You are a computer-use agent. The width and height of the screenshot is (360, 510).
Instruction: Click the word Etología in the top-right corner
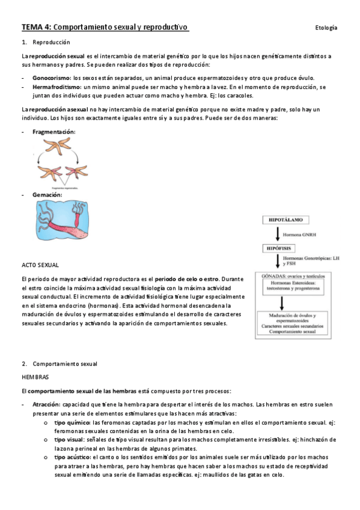point(326,28)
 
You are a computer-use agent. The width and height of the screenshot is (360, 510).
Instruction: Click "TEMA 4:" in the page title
point(37,28)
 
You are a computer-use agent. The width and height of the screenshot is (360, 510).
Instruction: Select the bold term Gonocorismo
point(51,78)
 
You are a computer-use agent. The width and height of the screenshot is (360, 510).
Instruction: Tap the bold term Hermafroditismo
point(58,87)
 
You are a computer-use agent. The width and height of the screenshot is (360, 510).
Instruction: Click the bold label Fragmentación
point(54,131)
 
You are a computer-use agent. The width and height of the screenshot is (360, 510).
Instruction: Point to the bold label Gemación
point(47,195)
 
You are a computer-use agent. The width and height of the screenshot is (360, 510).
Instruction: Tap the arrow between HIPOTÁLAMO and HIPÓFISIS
point(278,234)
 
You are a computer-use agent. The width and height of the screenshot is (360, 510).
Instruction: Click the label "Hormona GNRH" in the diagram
point(304,235)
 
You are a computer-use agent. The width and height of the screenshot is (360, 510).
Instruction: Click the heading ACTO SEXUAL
point(41,265)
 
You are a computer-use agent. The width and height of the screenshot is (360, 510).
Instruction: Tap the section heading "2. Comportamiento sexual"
point(59,364)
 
